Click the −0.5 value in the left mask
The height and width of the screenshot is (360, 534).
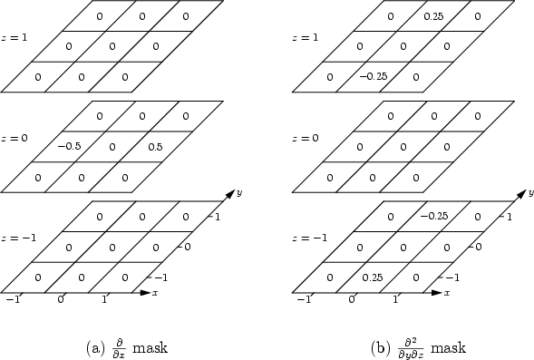69,146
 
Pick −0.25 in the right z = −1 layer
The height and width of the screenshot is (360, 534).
432,216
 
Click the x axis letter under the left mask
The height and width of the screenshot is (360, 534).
156,294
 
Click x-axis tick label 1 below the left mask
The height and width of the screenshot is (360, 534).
104,299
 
